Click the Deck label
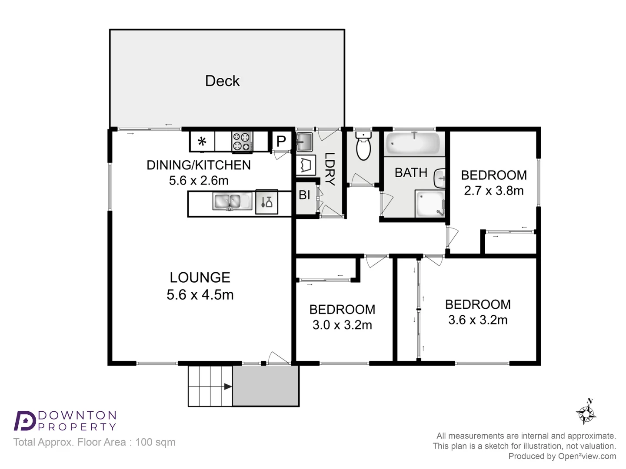pos(222,81)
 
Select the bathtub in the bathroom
pos(413,143)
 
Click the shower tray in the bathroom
pos(430,204)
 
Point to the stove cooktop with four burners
pos(242,142)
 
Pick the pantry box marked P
pos(281,141)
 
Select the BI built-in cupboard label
pos(304,195)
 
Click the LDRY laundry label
pos(330,169)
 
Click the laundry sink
pos(304,142)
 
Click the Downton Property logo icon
pos(24,421)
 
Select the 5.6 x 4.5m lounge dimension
pos(200,295)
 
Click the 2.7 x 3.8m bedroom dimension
pos(493,191)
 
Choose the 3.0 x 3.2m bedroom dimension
pos(342,325)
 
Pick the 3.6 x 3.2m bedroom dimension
pos(478,320)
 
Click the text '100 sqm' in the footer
pos(155,442)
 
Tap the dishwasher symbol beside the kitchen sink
pos(266,202)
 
